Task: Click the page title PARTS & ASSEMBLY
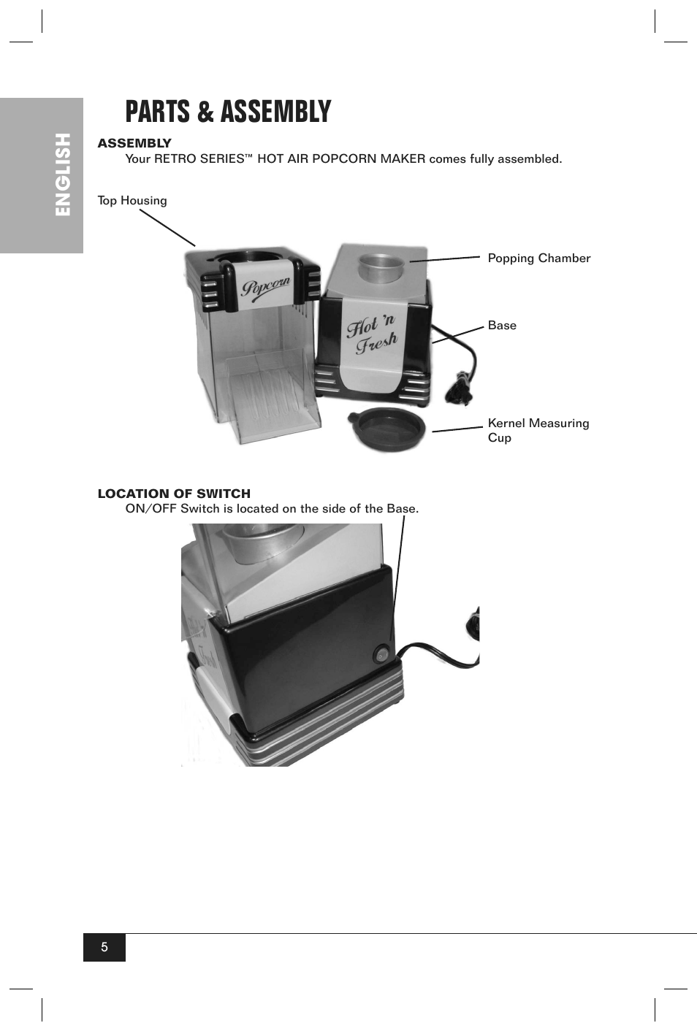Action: [x=228, y=112]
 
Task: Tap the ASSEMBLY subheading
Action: [x=134, y=143]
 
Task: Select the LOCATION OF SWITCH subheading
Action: [x=174, y=494]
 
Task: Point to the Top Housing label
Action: [x=132, y=201]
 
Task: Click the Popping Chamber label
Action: [x=538, y=258]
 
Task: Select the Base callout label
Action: [x=502, y=326]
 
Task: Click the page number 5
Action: [x=104, y=947]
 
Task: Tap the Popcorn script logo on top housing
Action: [x=266, y=288]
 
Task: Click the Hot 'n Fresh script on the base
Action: [x=372, y=334]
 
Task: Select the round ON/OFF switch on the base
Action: [x=381, y=655]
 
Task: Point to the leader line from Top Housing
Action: [x=167, y=228]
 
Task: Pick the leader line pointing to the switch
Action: [x=399, y=577]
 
